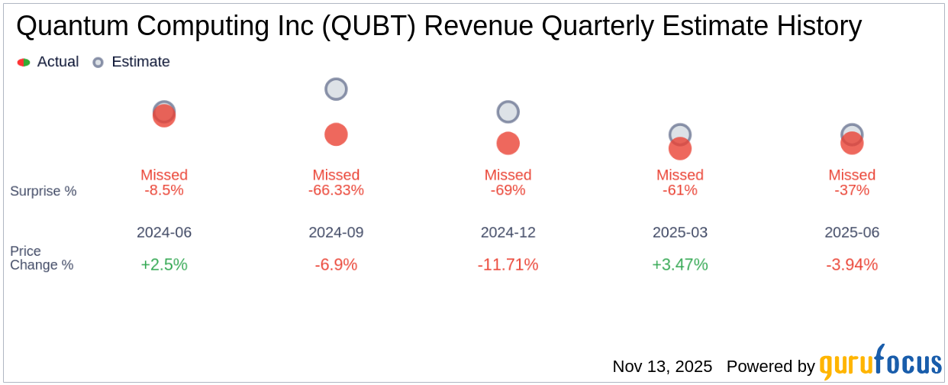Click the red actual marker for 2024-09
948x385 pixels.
(x=336, y=134)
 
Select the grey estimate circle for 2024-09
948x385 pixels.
(x=336, y=89)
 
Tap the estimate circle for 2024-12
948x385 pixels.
(x=508, y=112)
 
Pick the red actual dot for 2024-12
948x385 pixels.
(x=508, y=143)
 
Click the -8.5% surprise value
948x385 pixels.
(x=164, y=190)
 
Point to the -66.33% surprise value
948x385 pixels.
(x=336, y=190)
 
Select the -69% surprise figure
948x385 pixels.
(x=508, y=190)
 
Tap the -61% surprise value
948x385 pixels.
(x=679, y=190)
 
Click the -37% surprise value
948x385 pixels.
(x=852, y=190)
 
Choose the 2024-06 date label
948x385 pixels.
(x=164, y=232)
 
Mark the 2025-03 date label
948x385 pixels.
(x=679, y=232)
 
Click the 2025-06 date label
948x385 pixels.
(x=852, y=232)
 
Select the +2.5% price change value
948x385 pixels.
(x=164, y=265)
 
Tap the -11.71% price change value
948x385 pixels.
(x=508, y=265)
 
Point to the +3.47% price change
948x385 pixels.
(x=679, y=265)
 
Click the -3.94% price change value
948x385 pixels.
(x=852, y=265)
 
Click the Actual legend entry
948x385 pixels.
(x=48, y=62)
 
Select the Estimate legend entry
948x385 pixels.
(x=131, y=62)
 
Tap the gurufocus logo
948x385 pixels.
(x=880, y=364)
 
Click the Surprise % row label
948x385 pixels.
(x=44, y=191)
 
